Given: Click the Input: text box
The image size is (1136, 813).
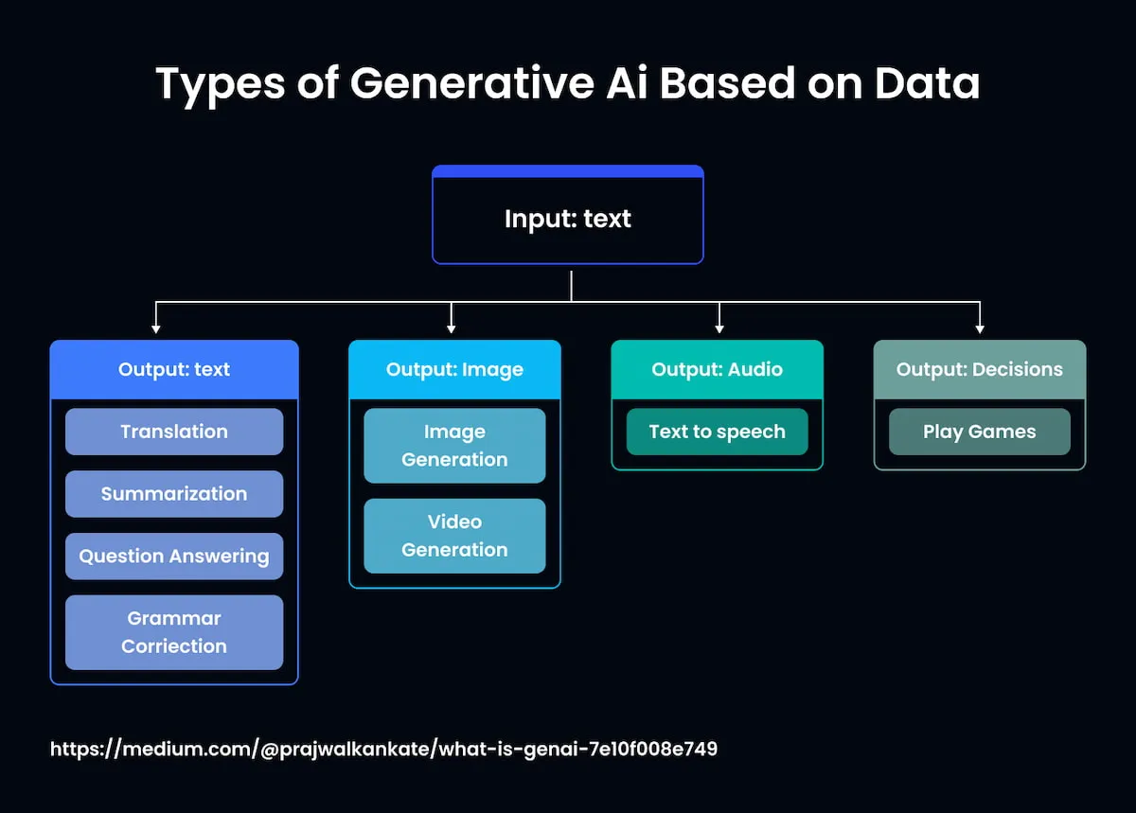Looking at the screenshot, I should [x=568, y=219].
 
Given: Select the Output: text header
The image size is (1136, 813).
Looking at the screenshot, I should [x=174, y=369].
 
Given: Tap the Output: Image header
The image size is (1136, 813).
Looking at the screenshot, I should [x=454, y=369].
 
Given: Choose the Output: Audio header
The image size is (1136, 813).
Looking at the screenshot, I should [x=717, y=369].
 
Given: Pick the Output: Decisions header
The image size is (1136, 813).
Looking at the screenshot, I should [x=979, y=369].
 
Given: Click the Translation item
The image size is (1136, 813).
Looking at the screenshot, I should [x=174, y=432].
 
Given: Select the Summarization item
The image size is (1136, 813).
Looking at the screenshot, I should [x=174, y=494].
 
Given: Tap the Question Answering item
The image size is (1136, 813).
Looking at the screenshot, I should [x=174, y=557].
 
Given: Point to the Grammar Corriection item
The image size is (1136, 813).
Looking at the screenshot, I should [x=174, y=632].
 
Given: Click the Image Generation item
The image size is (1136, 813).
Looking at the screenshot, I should [x=454, y=446].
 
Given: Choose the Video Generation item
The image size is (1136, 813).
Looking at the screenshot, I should [x=454, y=536].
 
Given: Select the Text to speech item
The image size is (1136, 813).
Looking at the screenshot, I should [x=717, y=432].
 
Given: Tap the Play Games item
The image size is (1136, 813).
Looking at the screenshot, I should [x=979, y=432].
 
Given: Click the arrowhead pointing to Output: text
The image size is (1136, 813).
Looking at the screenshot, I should [x=156, y=327].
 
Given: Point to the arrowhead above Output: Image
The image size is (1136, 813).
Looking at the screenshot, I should [x=452, y=327].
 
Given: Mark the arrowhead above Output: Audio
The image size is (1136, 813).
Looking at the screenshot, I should [x=719, y=327].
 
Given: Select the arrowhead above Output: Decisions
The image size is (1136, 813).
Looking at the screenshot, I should [x=980, y=327].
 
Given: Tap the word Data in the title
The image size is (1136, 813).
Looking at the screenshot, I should [x=927, y=84].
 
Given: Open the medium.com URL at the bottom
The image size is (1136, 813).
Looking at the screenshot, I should [x=383, y=749].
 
